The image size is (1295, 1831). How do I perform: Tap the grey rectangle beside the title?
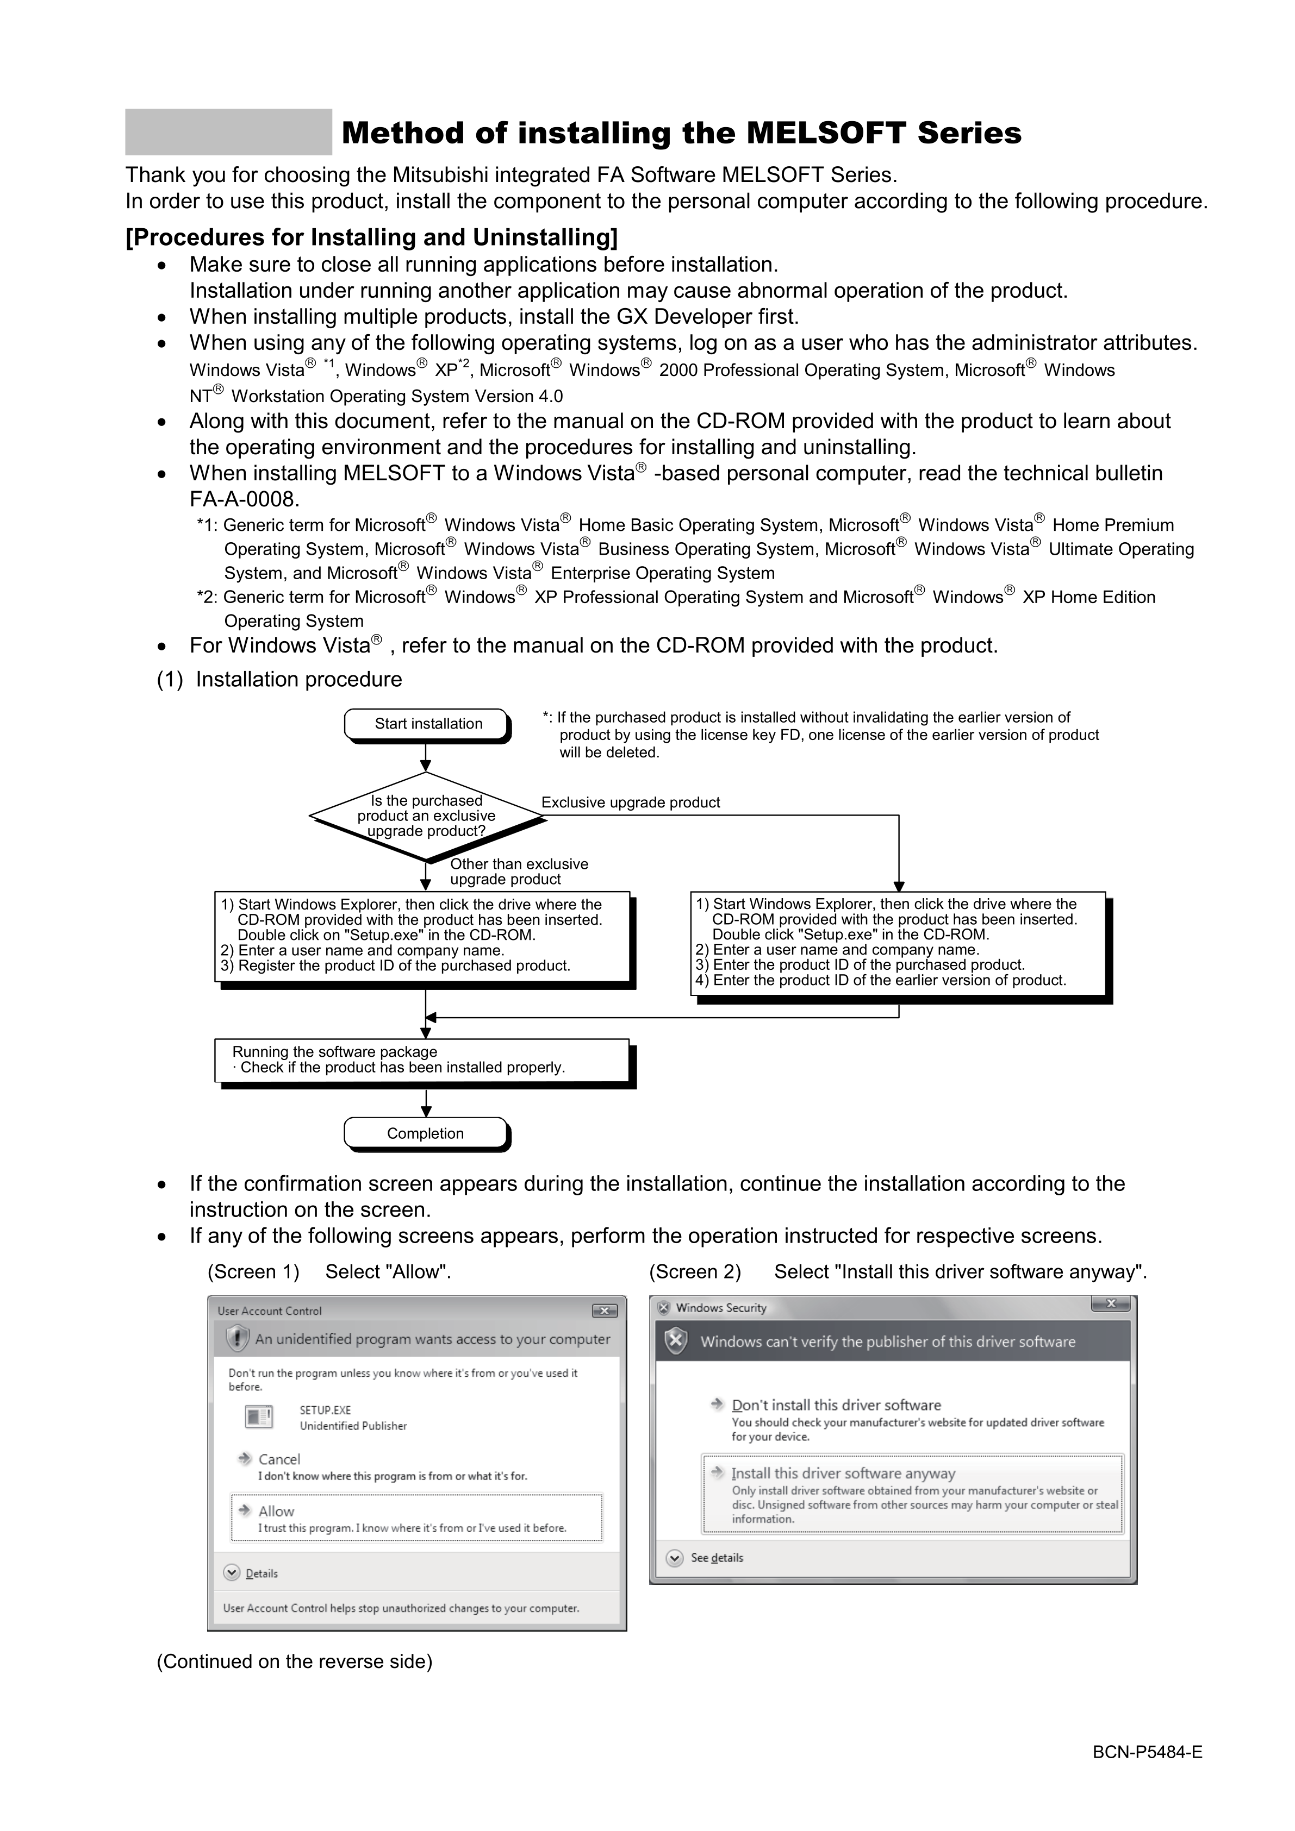(228, 131)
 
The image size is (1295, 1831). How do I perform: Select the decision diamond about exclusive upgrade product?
(426, 816)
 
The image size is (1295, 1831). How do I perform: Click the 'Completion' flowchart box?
(425, 1133)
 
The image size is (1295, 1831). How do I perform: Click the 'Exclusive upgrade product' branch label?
(630, 802)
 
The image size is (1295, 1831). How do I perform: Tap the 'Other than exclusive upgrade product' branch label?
(519, 871)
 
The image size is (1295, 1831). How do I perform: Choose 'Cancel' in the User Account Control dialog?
(278, 1459)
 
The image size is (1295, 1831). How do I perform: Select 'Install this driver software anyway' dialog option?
(843, 1473)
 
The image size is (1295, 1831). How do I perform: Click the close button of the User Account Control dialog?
(604, 1311)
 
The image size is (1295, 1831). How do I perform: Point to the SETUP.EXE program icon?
(259, 1417)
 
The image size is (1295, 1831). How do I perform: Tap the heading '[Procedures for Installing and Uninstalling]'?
(372, 237)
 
